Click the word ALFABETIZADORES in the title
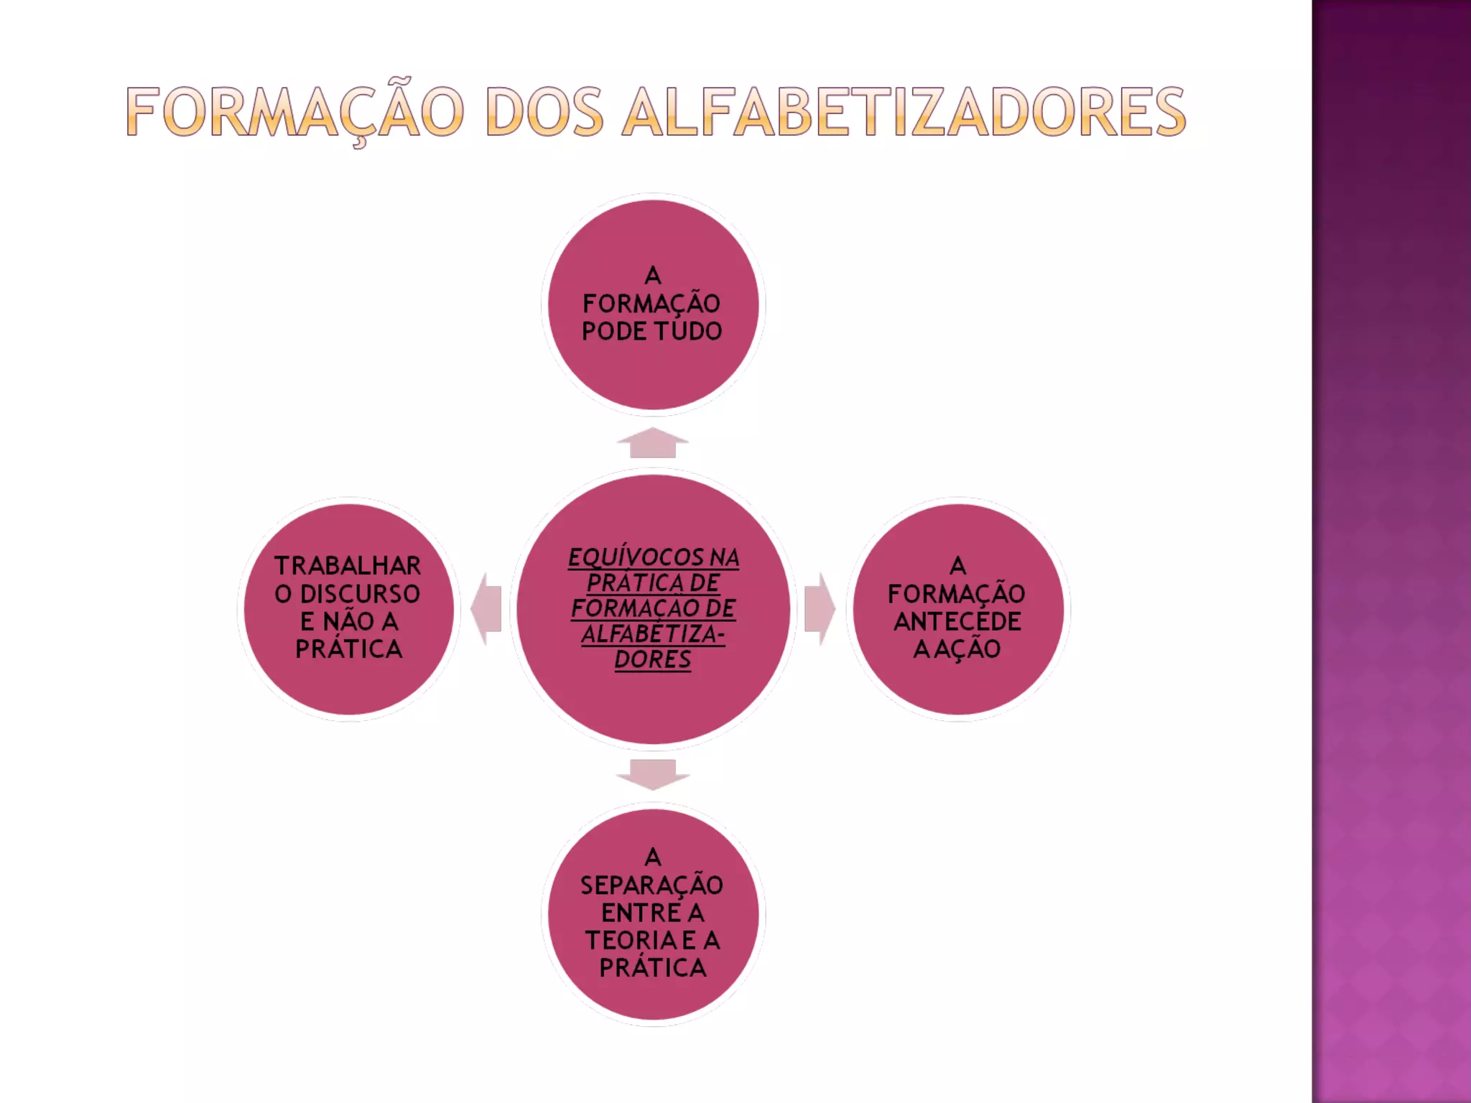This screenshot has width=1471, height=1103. click(x=904, y=112)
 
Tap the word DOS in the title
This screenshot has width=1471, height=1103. click(x=544, y=112)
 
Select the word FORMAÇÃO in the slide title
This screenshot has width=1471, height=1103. click(x=294, y=112)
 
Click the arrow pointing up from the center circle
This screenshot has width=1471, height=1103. click(x=652, y=443)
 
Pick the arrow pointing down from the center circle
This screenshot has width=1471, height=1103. click(x=652, y=774)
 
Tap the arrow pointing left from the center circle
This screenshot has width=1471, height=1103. click(x=487, y=608)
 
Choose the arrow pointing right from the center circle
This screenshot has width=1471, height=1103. click(x=819, y=608)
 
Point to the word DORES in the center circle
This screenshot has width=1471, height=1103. click(x=652, y=659)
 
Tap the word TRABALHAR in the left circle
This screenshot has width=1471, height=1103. click(x=348, y=566)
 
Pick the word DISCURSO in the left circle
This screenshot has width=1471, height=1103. click(x=360, y=594)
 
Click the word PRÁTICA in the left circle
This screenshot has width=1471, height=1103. click(x=348, y=649)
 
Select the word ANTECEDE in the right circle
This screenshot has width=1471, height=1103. click(x=957, y=621)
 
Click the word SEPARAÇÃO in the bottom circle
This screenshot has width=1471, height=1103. click(x=651, y=885)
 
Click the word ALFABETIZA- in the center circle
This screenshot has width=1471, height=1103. click(x=652, y=634)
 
